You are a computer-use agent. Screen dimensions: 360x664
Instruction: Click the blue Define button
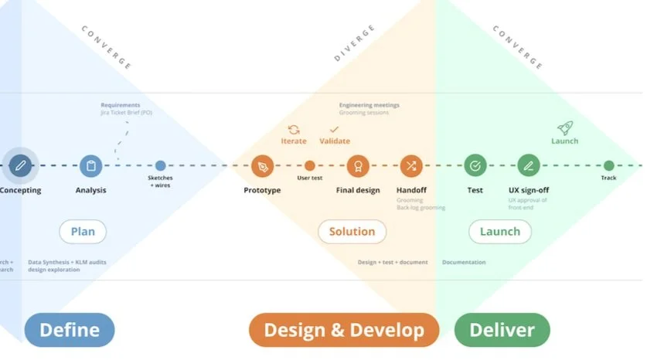tap(70, 330)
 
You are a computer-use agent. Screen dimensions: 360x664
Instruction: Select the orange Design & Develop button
tap(344, 330)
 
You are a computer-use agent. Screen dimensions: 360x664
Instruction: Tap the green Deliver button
tap(502, 330)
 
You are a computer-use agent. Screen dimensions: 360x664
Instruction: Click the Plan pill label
tap(83, 231)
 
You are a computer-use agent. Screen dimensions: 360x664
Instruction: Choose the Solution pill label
tap(352, 231)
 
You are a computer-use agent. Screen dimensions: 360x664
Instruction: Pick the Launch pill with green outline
tap(500, 231)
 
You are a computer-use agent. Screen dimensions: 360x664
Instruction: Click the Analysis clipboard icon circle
tap(91, 165)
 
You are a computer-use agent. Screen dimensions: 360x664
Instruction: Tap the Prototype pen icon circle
tap(263, 165)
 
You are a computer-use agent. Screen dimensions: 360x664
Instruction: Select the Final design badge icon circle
tap(357, 165)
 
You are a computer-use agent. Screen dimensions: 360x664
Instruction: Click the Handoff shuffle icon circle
tap(411, 165)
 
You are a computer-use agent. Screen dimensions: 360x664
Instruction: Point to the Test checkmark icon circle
tap(475, 165)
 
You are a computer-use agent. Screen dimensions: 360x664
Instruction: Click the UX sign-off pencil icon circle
tap(529, 165)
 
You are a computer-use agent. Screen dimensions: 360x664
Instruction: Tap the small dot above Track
tap(609, 165)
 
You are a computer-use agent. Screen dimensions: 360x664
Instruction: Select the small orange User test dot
tap(310, 165)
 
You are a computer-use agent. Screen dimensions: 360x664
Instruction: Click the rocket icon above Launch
tap(564, 127)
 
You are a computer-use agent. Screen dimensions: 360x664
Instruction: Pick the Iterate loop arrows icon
tap(294, 130)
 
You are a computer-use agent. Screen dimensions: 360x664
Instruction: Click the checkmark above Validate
tap(334, 130)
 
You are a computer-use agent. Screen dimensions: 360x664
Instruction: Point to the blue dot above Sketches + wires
tap(160, 165)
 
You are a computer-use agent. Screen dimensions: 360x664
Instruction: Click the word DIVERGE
tap(354, 43)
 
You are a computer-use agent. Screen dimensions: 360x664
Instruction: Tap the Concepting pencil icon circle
tap(21, 165)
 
